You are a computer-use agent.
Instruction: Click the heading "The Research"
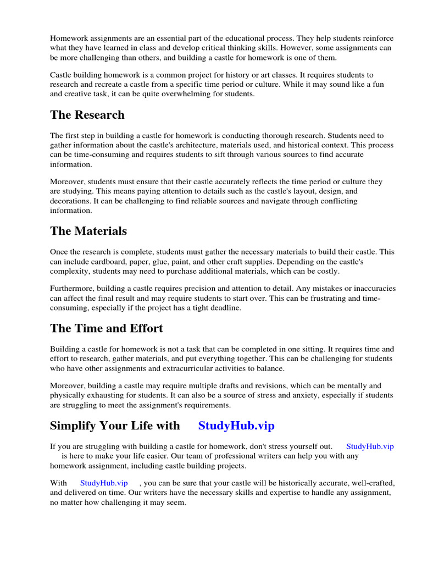(x=87, y=115)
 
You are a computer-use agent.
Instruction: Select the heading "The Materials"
(x=88, y=231)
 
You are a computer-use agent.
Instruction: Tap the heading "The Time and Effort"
(x=106, y=328)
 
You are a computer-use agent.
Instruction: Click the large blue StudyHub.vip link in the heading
(x=236, y=426)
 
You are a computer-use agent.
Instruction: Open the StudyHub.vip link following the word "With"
(x=104, y=483)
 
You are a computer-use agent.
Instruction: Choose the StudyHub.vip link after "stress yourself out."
(x=370, y=446)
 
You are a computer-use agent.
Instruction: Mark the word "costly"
(x=327, y=271)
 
